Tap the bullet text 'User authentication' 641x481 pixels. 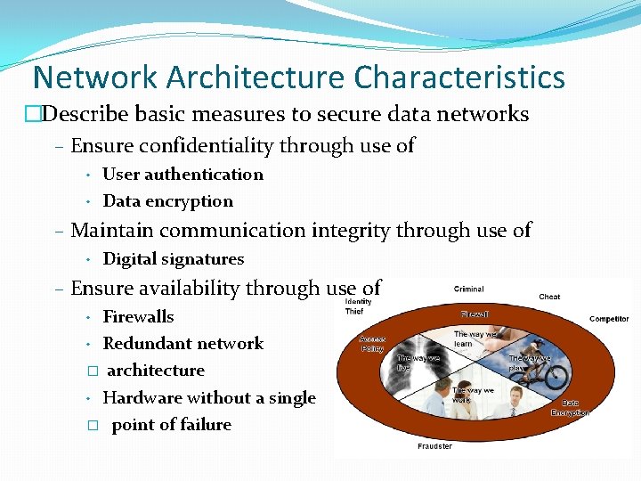click(x=183, y=175)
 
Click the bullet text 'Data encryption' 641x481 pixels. click(x=167, y=201)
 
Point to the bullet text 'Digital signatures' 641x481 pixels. click(x=173, y=259)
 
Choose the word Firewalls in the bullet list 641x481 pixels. click(x=138, y=317)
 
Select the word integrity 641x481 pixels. click(x=351, y=231)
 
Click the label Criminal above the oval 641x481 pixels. click(x=469, y=289)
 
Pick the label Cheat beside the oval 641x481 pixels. click(x=549, y=297)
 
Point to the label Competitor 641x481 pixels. click(x=609, y=319)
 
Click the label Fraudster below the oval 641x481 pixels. click(x=435, y=446)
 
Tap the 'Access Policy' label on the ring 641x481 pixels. click(x=371, y=344)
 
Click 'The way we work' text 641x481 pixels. click(x=473, y=395)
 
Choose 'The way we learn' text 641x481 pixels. click(x=475, y=338)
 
